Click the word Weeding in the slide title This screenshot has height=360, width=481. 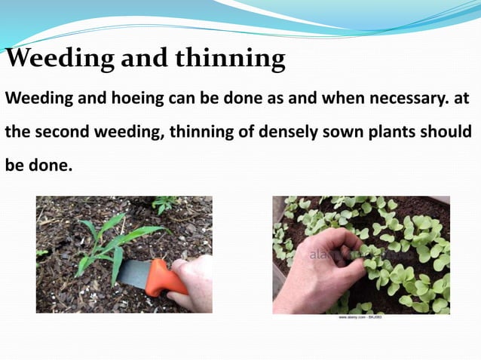(x=55, y=58)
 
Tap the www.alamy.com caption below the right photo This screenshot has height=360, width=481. (x=360, y=317)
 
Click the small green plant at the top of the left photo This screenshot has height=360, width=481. (x=164, y=203)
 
